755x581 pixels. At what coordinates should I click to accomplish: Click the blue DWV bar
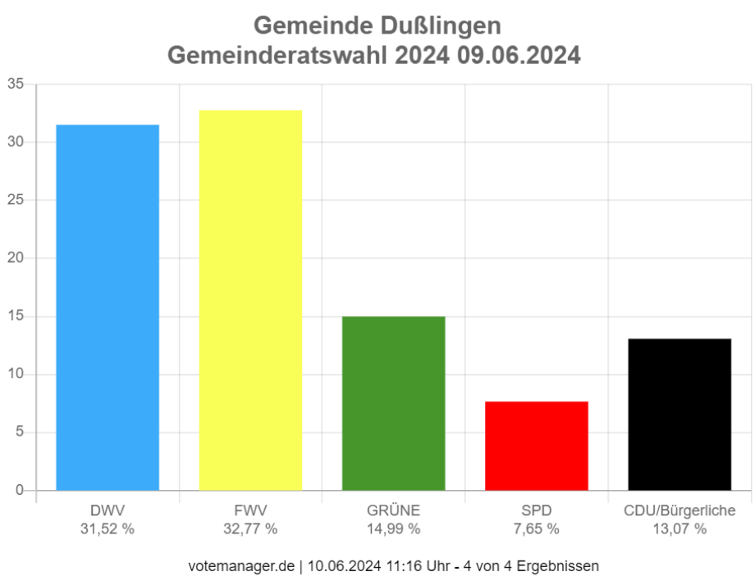(x=108, y=307)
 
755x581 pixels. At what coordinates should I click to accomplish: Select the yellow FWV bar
(x=250, y=300)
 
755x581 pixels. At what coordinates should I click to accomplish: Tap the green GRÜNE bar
(x=393, y=403)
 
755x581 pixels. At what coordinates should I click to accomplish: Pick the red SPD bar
(x=537, y=446)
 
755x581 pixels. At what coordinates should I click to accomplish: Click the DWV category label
(x=108, y=511)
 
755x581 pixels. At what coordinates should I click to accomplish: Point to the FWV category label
(x=250, y=511)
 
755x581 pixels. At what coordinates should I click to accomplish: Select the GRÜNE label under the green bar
(x=393, y=511)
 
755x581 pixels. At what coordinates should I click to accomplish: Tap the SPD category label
(x=537, y=511)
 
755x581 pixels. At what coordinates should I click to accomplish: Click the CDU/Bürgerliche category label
(x=679, y=511)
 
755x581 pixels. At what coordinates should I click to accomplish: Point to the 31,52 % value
(x=108, y=529)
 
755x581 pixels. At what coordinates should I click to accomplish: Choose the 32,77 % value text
(x=250, y=529)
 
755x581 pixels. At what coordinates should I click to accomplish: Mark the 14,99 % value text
(x=393, y=529)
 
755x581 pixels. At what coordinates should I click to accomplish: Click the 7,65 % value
(x=537, y=529)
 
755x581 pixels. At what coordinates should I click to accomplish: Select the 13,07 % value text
(x=679, y=529)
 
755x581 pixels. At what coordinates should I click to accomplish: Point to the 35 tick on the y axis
(x=16, y=84)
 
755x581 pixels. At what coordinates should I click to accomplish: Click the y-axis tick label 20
(x=16, y=258)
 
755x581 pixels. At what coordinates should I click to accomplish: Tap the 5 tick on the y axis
(x=20, y=432)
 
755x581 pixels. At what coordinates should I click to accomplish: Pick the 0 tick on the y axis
(x=20, y=490)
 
